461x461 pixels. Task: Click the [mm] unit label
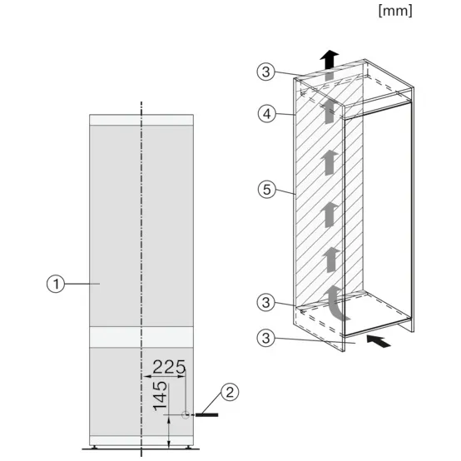pos(394,11)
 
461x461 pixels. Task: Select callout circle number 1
pos(56,284)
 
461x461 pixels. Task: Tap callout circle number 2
pos(230,390)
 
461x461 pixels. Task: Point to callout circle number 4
pos(265,115)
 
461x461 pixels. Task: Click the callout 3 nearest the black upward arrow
pos(265,72)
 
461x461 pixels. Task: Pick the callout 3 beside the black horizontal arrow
pos(265,339)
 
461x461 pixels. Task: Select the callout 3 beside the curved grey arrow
pos(265,302)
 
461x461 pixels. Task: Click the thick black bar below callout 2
pos(207,414)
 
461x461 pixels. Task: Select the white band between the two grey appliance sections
pos(141,336)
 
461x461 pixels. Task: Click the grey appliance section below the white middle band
pos(116,391)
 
